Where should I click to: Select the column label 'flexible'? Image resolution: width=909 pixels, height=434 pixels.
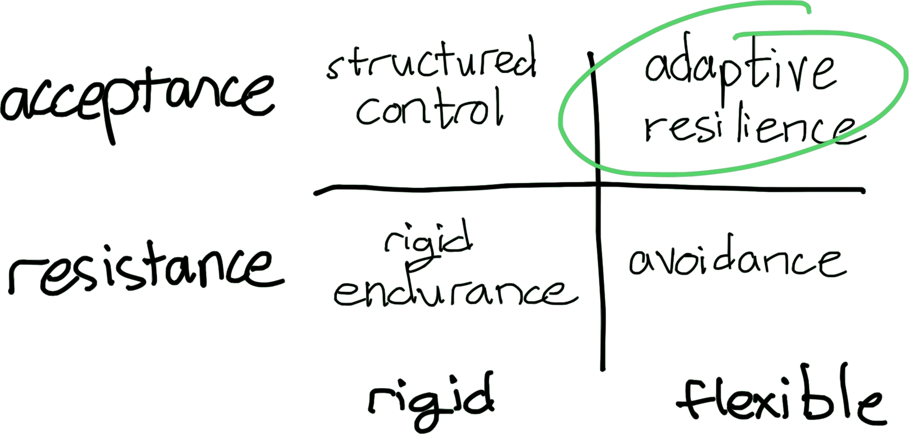point(779,403)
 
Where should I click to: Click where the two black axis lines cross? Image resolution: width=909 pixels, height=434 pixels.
point(599,184)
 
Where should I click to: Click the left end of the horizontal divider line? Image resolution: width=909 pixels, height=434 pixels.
point(316,193)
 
